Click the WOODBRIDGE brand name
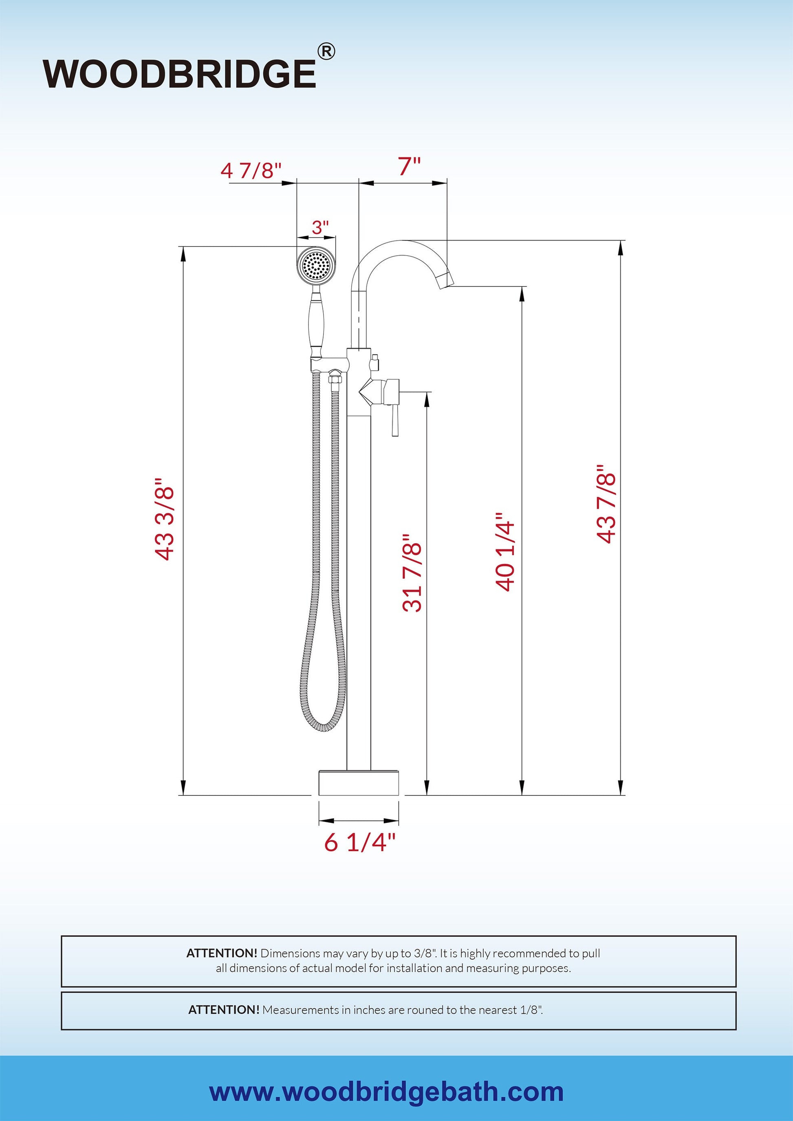[x=179, y=74]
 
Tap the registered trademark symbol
[x=326, y=51]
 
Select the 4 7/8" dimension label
[x=251, y=171]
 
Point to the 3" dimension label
[x=320, y=227]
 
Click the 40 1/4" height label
[x=505, y=552]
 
